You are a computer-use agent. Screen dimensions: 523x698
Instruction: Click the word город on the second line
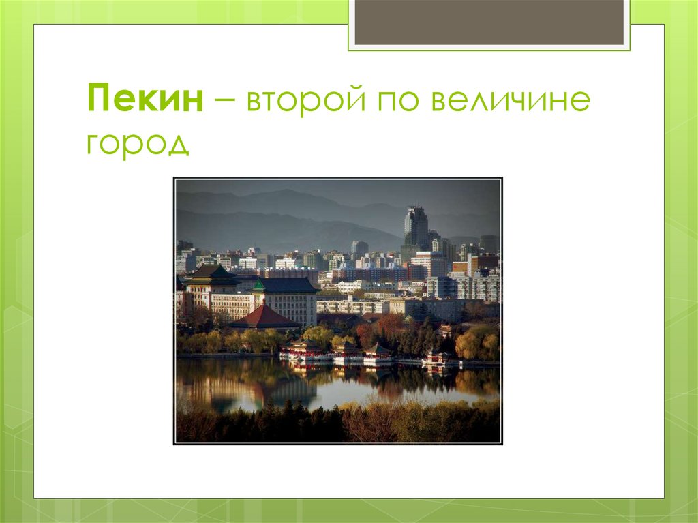(137, 143)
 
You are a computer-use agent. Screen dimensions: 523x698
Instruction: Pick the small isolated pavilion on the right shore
(437, 358)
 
